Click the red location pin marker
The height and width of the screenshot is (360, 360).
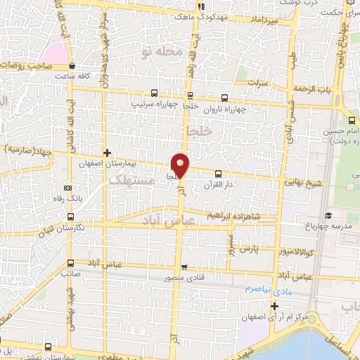[181, 165]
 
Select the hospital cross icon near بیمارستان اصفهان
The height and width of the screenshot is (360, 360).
[107, 153]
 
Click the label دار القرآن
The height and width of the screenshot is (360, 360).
[217, 184]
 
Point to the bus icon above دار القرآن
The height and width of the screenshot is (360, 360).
[217, 173]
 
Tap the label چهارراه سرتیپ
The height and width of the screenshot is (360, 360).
[154, 103]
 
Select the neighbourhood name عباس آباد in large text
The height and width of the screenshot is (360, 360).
[147, 220]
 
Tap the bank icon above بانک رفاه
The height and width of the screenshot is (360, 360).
[67, 188]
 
